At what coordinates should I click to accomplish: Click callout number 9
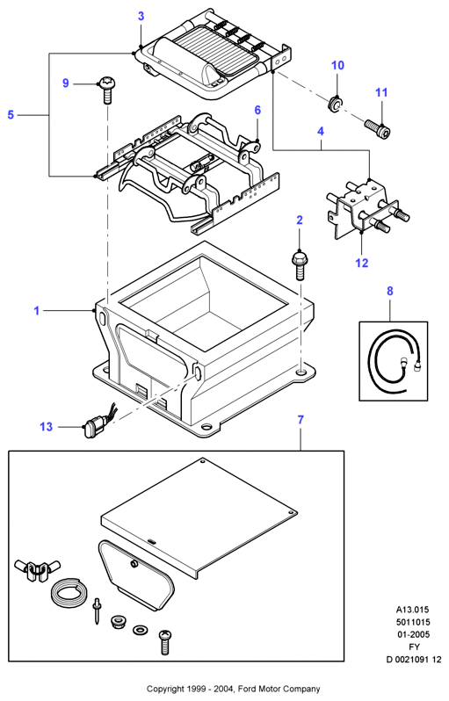(x=66, y=83)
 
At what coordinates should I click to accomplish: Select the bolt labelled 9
(x=106, y=90)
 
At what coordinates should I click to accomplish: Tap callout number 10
(x=337, y=65)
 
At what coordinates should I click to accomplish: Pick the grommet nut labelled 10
(x=335, y=104)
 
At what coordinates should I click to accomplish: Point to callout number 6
(x=257, y=110)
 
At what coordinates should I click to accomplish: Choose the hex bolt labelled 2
(x=299, y=266)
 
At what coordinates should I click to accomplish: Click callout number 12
(x=362, y=263)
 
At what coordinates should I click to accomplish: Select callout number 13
(x=46, y=427)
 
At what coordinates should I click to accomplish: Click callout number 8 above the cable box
(x=390, y=291)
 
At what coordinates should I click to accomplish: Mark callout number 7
(x=301, y=420)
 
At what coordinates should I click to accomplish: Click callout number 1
(x=37, y=310)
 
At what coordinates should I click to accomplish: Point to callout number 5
(x=11, y=115)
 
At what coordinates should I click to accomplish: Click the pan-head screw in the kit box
(x=165, y=641)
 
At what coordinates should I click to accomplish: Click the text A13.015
(x=412, y=610)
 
